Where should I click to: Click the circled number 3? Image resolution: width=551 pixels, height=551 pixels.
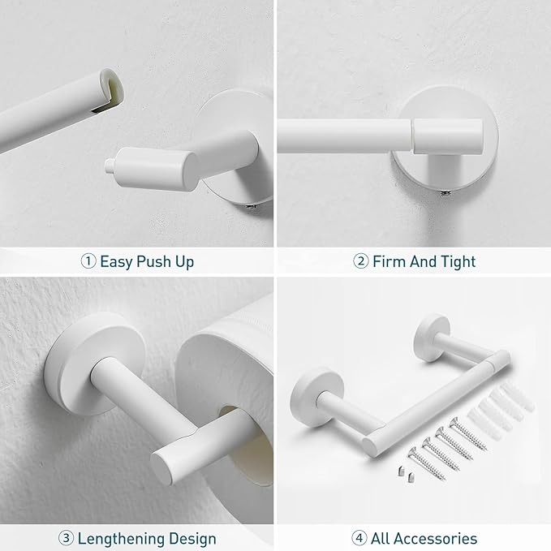point(67,538)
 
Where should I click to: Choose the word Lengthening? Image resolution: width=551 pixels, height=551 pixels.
point(123,538)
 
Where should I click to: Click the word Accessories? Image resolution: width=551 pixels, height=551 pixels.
point(437,538)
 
